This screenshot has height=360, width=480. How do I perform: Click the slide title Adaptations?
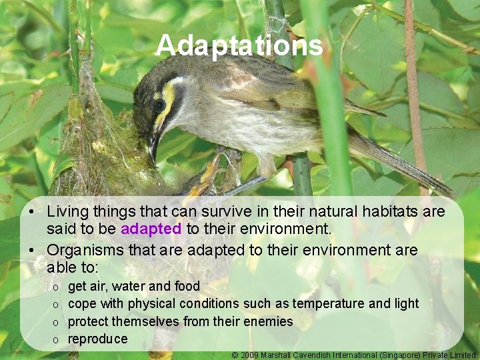(x=239, y=46)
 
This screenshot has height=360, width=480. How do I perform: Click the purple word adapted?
(x=152, y=229)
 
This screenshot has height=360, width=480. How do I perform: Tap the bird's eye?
(x=159, y=105)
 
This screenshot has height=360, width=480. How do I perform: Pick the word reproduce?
(x=97, y=339)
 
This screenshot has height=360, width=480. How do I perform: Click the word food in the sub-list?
(x=187, y=286)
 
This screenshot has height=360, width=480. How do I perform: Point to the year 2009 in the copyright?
(x=250, y=355)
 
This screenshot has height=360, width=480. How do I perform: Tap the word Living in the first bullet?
(x=69, y=212)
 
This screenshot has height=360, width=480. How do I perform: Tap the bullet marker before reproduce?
(x=57, y=339)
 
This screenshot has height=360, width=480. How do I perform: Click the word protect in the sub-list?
(x=88, y=321)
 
